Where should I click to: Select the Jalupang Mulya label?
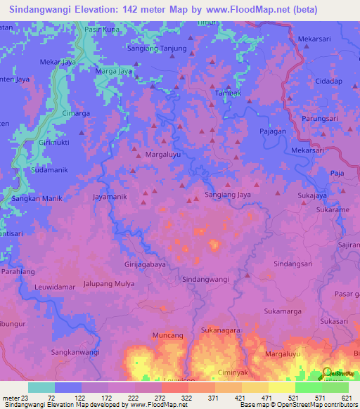click(109, 284)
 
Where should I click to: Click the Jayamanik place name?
click(110, 197)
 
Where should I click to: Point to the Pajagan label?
click(273, 131)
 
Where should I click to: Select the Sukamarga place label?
click(282, 310)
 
